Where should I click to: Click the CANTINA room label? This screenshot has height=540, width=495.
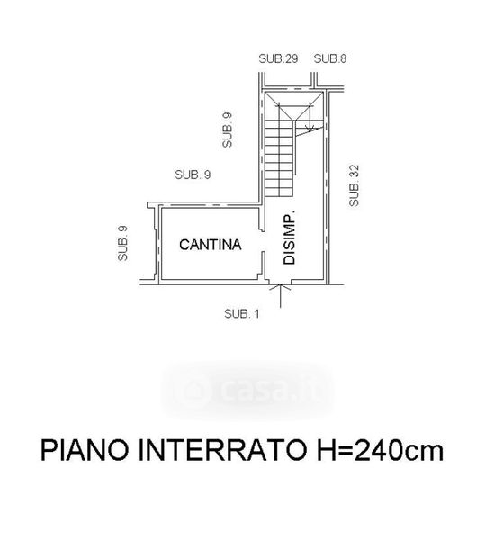pyautogui.click(x=210, y=245)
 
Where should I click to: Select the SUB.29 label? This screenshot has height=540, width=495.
pyautogui.click(x=278, y=58)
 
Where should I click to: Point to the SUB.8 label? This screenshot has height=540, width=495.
pyautogui.click(x=330, y=58)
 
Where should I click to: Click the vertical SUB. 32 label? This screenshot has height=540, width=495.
pyautogui.click(x=354, y=186)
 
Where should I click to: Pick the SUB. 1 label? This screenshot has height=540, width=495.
pyautogui.click(x=242, y=314)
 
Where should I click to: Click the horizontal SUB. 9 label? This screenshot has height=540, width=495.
pyautogui.click(x=193, y=175)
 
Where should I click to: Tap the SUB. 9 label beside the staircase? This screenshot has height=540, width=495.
pyautogui.click(x=228, y=130)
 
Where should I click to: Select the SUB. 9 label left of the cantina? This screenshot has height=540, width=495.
pyautogui.click(x=123, y=243)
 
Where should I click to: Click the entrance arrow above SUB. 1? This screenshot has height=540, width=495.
pyautogui.click(x=280, y=295)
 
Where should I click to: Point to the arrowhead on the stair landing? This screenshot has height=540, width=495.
pyautogui.click(x=310, y=128)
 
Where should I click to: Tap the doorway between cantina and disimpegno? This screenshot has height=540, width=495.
pyautogui.click(x=263, y=241)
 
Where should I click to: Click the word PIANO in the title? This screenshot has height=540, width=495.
pyautogui.click(x=85, y=450)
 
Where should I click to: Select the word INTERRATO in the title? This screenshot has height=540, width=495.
pyautogui.click(x=222, y=450)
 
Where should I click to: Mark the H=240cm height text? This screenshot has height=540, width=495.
pyautogui.click(x=381, y=450)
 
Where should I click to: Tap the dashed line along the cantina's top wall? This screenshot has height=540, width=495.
pyautogui.click(x=210, y=206)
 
